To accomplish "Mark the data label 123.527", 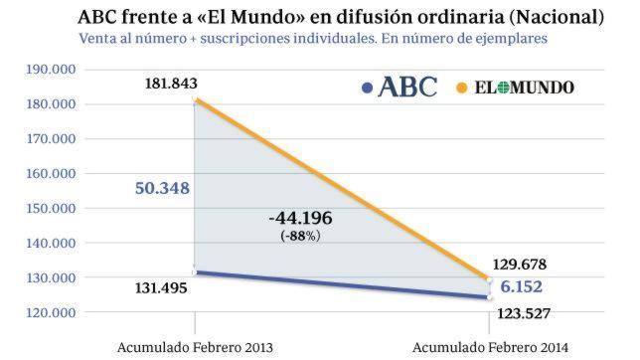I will (x=519, y=314).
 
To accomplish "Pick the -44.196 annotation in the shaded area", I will (x=301, y=218).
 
